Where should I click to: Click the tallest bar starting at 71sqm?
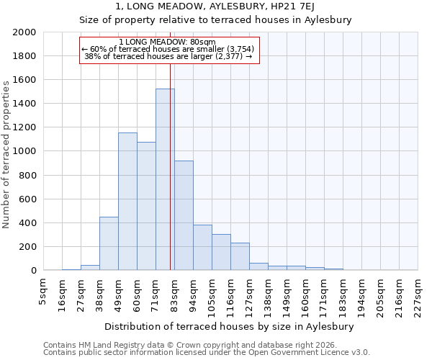pos(165,180)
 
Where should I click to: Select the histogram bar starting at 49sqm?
pos(127,202)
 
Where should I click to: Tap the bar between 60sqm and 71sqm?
pos(146,206)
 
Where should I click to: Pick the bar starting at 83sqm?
pos(184,215)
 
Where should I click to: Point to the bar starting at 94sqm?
pos(202,248)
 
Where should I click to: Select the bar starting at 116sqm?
pos(240,256)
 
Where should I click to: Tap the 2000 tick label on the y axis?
pos(25,32)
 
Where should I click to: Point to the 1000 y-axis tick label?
pos(25,152)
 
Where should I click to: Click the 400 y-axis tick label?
pos(29,223)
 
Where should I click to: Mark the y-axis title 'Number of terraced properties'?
pos(6,155)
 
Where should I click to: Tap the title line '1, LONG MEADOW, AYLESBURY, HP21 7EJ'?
pos(215,7)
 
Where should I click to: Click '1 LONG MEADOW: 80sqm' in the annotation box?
pos(167,42)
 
